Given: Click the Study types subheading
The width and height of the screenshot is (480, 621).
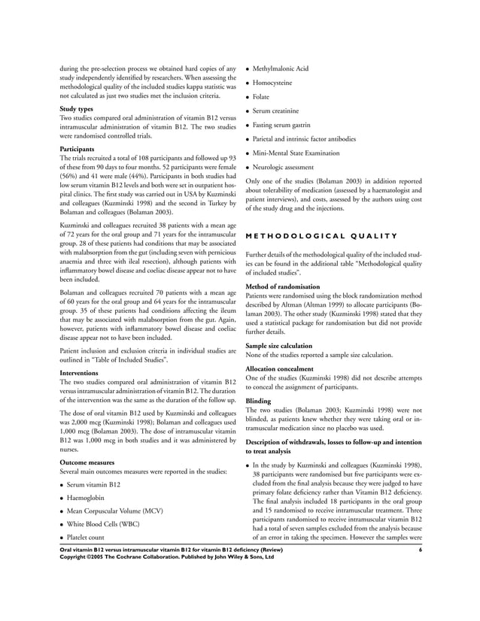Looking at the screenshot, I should click(77, 109).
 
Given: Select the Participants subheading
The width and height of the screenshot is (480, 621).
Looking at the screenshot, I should click(78, 149).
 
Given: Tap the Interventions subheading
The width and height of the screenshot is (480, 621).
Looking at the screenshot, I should click(81, 372).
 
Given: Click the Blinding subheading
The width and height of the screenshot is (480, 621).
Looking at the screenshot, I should click(259, 401).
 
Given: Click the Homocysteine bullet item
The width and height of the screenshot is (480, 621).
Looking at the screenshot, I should click(278, 83).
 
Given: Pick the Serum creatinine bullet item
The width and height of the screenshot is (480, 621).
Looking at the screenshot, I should click(281, 111).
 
